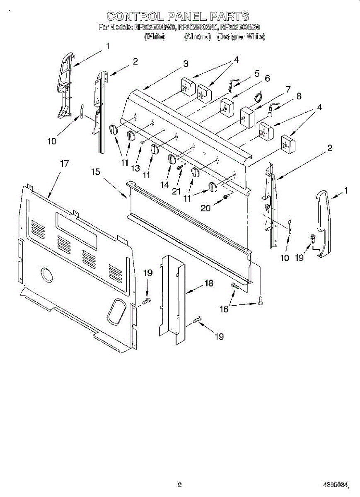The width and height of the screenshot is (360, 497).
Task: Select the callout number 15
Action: [96, 171]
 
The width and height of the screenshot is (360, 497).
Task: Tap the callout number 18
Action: [209, 283]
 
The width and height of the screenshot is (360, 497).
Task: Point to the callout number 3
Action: [186, 64]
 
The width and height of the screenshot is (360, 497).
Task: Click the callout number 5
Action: [257, 74]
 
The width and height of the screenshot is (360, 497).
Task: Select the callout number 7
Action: [288, 89]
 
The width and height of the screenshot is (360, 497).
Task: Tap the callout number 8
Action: [298, 96]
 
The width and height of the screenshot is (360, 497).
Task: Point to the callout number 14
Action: [165, 185]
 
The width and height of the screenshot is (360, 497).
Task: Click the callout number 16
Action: [224, 309]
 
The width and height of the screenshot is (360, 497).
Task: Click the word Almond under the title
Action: [198, 37]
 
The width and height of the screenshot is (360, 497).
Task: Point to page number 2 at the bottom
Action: [179, 484]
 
